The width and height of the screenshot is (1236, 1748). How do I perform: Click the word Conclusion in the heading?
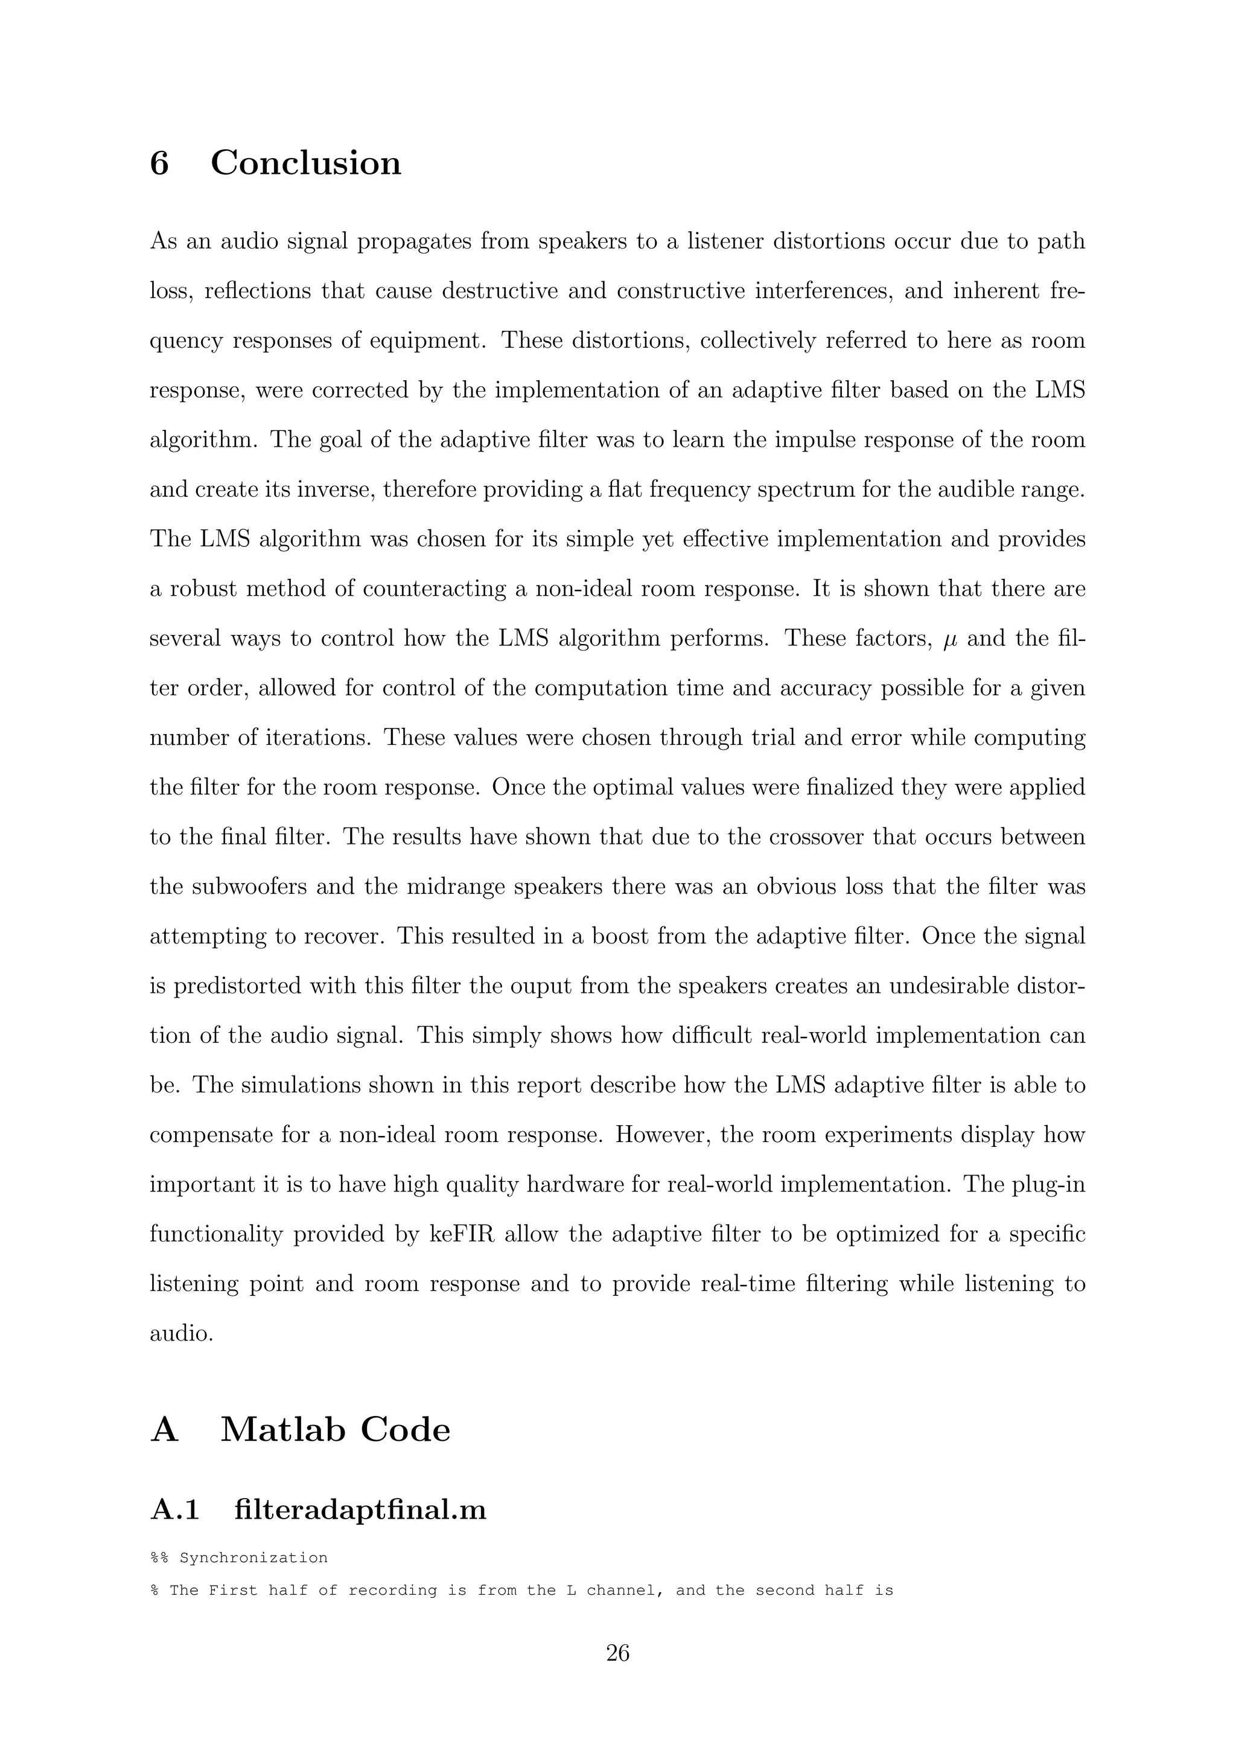(305, 163)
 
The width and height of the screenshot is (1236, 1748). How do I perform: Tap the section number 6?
(159, 163)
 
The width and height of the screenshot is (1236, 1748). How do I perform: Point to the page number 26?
(617, 1653)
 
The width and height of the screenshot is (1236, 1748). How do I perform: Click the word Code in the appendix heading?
(405, 1430)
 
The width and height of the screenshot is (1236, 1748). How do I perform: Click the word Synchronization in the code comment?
(253, 1558)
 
